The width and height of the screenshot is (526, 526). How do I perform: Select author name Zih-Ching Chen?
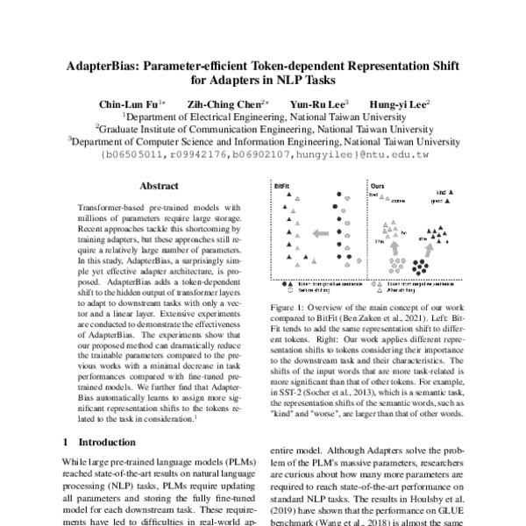(218, 102)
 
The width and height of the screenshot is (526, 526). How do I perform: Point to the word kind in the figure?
(441, 190)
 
